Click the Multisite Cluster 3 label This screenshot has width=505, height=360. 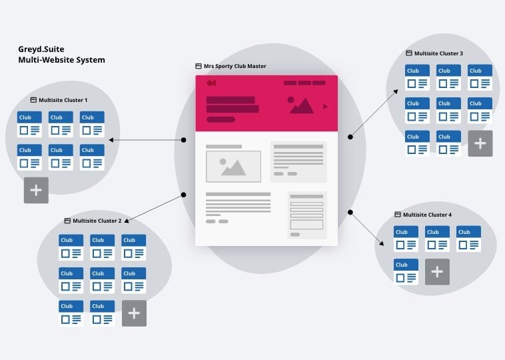[438, 53]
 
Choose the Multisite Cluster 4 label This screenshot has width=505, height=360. [427, 215]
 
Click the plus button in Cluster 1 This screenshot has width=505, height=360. [36, 191]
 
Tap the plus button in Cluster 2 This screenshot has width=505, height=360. [134, 313]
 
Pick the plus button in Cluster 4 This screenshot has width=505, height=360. [437, 272]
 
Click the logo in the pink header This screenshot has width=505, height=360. [212, 83]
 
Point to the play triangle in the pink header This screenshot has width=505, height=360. [325, 107]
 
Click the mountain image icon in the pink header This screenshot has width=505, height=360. [301, 105]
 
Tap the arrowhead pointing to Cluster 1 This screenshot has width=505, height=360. [111, 140]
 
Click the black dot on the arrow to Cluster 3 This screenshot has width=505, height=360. [350, 136]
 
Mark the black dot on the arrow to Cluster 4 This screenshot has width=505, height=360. [350, 213]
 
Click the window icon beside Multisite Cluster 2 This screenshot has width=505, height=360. [67, 221]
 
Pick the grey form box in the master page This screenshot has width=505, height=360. [307, 215]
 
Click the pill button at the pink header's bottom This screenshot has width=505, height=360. [221, 120]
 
